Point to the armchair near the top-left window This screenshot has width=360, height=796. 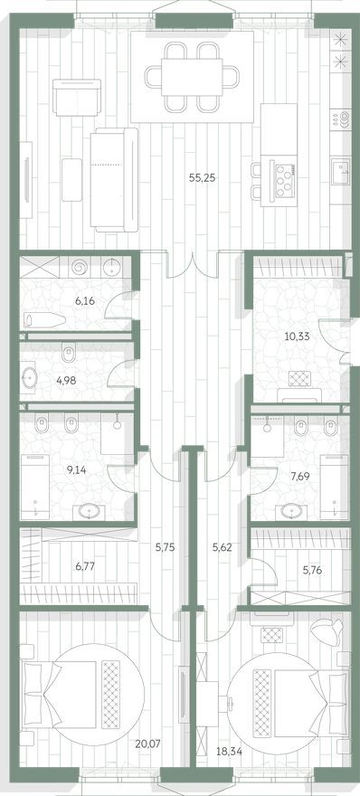70,98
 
